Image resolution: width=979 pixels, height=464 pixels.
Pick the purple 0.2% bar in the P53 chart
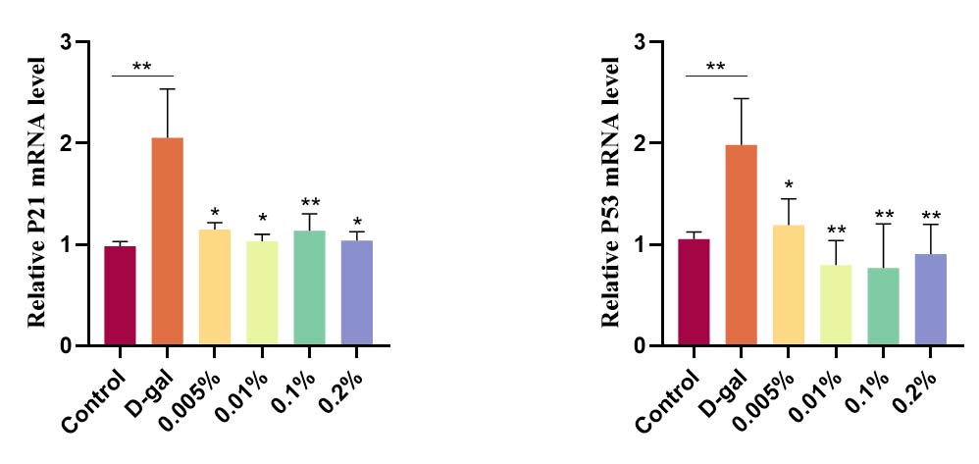pos(930,299)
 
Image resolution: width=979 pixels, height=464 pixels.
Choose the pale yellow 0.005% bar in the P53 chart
pos(789,284)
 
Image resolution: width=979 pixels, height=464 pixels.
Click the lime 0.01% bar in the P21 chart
pos(262,292)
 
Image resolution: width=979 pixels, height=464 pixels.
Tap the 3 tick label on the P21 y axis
pos(67,42)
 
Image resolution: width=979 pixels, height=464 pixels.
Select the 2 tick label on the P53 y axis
pos(639,143)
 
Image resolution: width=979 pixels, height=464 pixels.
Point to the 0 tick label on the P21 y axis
pos(67,345)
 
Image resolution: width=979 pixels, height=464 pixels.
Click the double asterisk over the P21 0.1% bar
pos(309,203)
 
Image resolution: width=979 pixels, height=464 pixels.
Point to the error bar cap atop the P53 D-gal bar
pos(742,99)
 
